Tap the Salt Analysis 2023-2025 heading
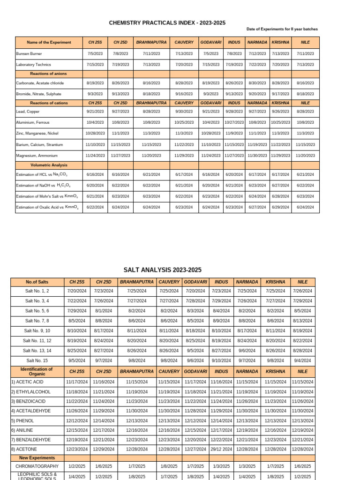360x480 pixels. click(x=162, y=270)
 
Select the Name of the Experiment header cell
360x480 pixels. click(x=49, y=42)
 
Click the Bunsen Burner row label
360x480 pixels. click(x=29, y=53)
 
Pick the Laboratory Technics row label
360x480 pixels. click(x=33, y=64)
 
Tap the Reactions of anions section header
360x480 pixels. click(x=49, y=74)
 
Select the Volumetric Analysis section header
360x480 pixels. click(x=49, y=165)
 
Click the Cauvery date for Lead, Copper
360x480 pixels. click(x=184, y=112)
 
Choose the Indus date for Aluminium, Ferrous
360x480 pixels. click(x=234, y=122)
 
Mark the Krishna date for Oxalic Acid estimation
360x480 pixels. click(x=280, y=207)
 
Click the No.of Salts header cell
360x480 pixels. click(x=37, y=282)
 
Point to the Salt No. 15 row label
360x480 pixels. click(x=37, y=360)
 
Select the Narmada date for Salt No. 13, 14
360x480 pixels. click(x=247, y=350)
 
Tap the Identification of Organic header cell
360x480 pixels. click(x=37, y=371)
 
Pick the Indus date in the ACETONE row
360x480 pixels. click(x=221, y=449)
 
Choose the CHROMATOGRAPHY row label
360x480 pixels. click(x=37, y=466)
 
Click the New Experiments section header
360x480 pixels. click(x=37, y=457)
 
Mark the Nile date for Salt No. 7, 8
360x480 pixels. click(x=302, y=321)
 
